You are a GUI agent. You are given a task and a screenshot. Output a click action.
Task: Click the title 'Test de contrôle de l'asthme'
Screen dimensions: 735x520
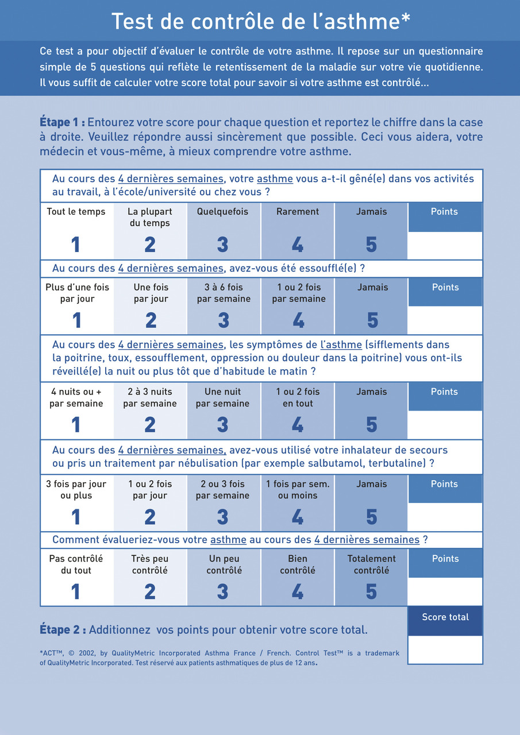(x=260, y=21)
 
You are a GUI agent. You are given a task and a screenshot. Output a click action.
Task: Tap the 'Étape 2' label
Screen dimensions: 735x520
(x=63, y=629)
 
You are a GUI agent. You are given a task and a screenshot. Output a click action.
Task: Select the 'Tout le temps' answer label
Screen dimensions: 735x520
(x=76, y=211)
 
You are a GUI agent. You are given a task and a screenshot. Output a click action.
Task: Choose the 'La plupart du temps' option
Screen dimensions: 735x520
(x=150, y=217)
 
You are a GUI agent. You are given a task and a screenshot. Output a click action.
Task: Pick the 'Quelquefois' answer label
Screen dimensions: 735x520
(x=222, y=211)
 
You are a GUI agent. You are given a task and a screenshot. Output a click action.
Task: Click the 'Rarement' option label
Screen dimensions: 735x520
(x=298, y=211)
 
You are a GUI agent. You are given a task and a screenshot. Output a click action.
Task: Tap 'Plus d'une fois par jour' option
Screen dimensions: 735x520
(x=77, y=293)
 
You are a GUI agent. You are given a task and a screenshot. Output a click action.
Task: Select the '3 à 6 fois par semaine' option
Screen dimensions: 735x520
(x=224, y=293)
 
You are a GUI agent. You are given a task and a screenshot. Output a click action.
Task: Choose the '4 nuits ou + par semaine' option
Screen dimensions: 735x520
(x=76, y=397)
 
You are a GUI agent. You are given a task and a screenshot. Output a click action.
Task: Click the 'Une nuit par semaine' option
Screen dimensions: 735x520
(x=223, y=397)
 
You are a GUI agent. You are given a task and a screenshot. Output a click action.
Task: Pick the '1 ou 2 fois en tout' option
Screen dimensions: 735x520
(x=298, y=397)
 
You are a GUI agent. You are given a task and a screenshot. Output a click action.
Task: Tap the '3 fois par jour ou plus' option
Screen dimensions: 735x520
(x=76, y=490)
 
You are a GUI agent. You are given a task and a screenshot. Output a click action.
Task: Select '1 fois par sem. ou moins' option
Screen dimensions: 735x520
(x=298, y=490)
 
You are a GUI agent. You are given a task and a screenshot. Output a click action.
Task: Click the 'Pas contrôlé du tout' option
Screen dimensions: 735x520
(x=76, y=564)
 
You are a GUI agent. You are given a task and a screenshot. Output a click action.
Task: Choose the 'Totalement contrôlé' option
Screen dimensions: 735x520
(x=371, y=564)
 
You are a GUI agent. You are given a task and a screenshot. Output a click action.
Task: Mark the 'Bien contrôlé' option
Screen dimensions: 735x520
(x=298, y=564)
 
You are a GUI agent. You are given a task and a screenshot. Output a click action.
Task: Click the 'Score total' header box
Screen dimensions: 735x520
(x=445, y=617)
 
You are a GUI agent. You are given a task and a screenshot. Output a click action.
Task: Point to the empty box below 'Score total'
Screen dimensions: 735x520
(x=445, y=649)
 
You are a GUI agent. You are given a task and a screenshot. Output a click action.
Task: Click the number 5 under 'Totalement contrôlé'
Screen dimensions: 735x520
(x=371, y=592)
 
